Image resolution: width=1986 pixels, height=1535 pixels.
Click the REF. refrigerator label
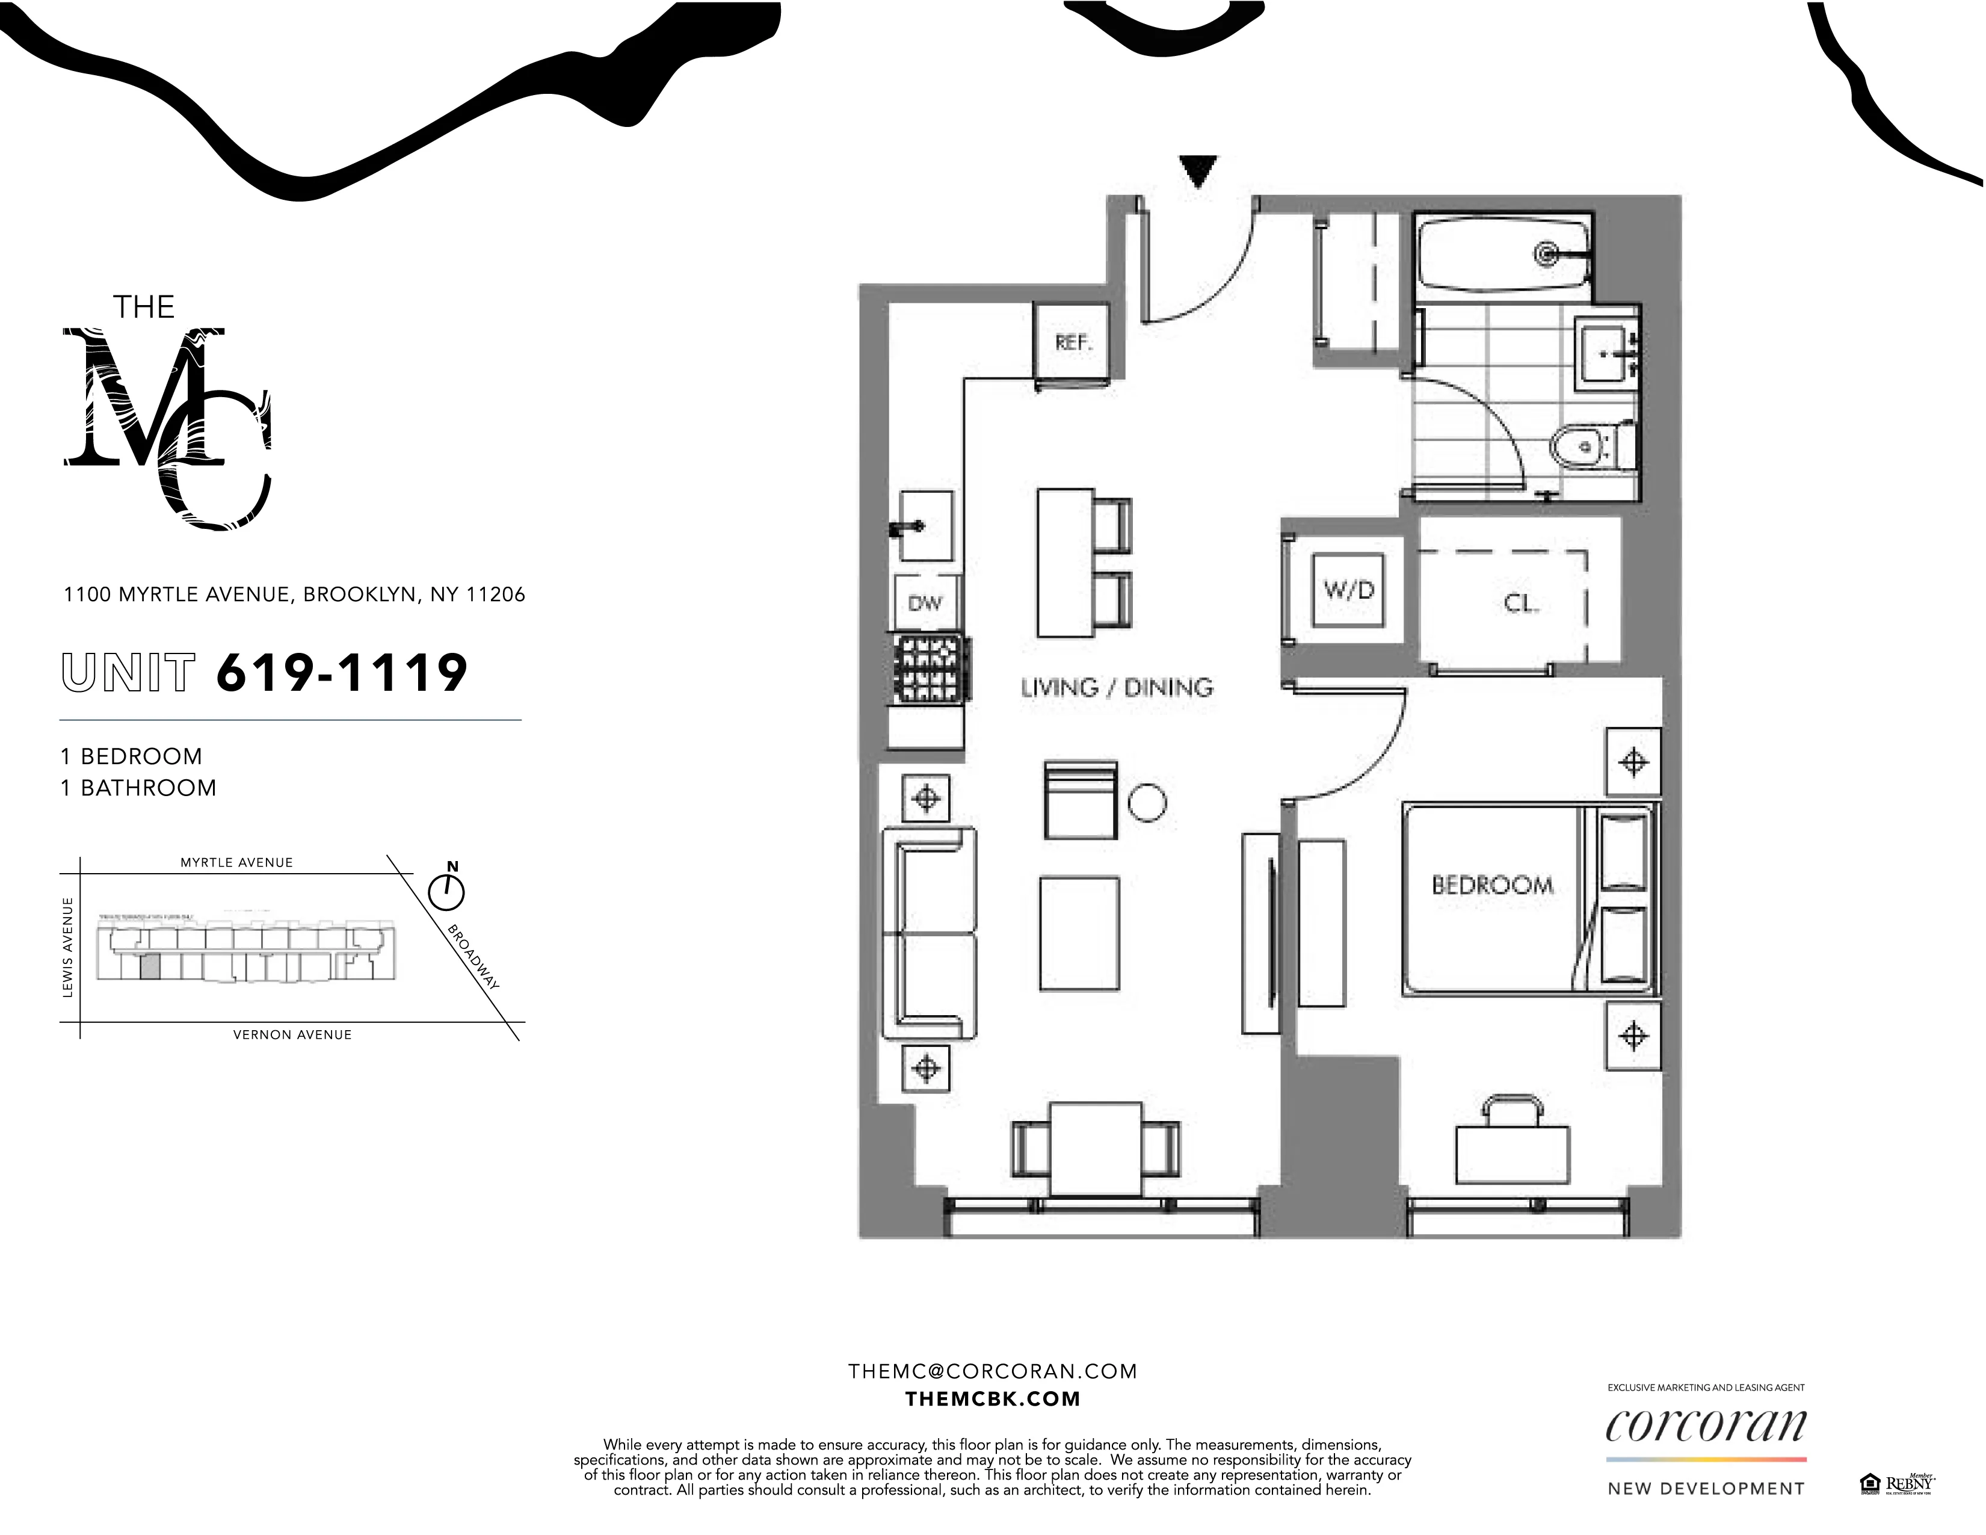pyautogui.click(x=1073, y=343)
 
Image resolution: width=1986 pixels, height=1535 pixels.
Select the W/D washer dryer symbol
pyautogui.click(x=1348, y=590)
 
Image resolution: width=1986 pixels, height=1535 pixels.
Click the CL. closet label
pyautogui.click(x=1520, y=603)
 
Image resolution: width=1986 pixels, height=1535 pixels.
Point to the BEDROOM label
pyautogui.click(x=1492, y=885)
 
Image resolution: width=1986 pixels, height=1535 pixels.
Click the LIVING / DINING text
pyautogui.click(x=1117, y=688)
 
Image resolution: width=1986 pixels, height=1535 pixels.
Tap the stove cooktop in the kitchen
pyautogui.click(x=930, y=669)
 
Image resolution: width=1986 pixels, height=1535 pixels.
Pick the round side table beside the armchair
pyautogui.click(x=1147, y=802)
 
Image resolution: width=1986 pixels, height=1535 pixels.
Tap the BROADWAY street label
pyautogui.click(x=473, y=957)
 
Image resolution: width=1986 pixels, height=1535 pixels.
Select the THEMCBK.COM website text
pyautogui.click(x=992, y=1398)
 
